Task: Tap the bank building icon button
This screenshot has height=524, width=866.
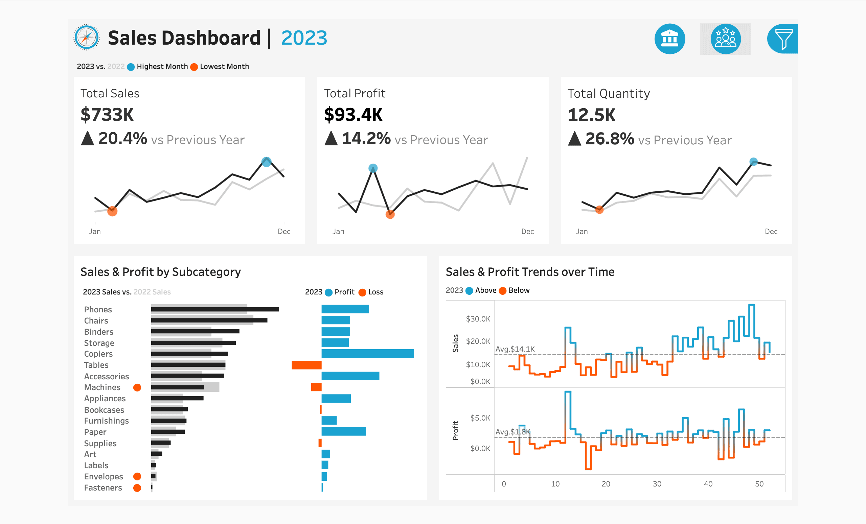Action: pyautogui.click(x=669, y=39)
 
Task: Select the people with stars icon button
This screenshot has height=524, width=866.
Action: pyautogui.click(x=725, y=39)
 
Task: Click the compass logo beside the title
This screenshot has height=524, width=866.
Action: pyautogui.click(x=87, y=37)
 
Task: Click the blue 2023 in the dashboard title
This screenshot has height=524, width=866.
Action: pyautogui.click(x=304, y=38)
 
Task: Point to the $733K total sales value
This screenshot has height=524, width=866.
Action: pyautogui.click(x=107, y=115)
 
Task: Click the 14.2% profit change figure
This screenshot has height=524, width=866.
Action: pyautogui.click(x=366, y=138)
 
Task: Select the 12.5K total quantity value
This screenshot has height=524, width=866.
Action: pyautogui.click(x=592, y=115)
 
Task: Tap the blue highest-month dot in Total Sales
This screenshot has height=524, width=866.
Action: pyautogui.click(x=267, y=162)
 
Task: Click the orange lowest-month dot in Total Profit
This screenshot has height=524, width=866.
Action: pyautogui.click(x=390, y=214)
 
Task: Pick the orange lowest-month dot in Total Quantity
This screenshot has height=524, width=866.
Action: pyautogui.click(x=599, y=210)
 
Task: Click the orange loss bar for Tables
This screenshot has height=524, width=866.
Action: pyautogui.click(x=306, y=365)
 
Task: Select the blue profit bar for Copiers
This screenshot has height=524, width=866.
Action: pyautogui.click(x=367, y=353)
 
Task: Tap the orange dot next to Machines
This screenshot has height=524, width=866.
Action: pyautogui.click(x=137, y=387)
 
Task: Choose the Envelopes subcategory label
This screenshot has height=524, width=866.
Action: pyautogui.click(x=103, y=477)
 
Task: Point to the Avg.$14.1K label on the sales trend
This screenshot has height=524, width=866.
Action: pyautogui.click(x=515, y=349)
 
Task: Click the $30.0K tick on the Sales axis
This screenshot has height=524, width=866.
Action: pyautogui.click(x=478, y=319)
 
